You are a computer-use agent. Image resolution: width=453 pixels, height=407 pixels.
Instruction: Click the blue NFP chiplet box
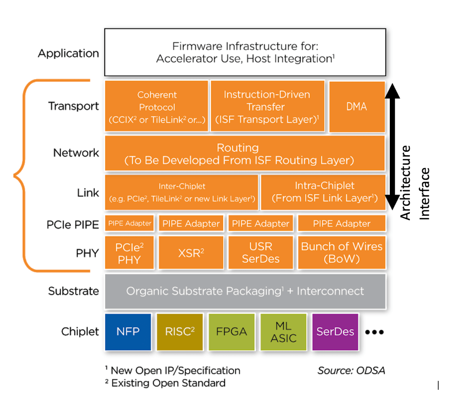(x=128, y=332)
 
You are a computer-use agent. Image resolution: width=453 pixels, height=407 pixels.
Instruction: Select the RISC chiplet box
(x=180, y=332)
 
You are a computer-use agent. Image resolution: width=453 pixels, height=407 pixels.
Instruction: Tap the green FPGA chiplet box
(x=232, y=332)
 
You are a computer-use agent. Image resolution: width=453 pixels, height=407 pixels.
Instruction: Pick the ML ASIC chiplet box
(x=283, y=332)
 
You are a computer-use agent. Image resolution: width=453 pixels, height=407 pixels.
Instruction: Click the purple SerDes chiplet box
(x=335, y=332)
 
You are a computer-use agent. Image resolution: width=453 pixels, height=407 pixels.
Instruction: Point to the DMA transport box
(x=357, y=107)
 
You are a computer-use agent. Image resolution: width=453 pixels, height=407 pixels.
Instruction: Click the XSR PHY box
(x=191, y=253)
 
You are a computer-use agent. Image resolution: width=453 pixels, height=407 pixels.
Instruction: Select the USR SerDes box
(x=260, y=253)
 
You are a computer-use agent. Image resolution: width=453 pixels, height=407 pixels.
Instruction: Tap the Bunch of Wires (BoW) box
(x=342, y=253)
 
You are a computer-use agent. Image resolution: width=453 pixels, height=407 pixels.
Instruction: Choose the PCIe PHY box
(x=129, y=253)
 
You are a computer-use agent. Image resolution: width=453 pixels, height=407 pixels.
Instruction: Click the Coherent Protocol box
(x=157, y=107)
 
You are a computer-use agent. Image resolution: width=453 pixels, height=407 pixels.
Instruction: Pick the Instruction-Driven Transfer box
(x=267, y=107)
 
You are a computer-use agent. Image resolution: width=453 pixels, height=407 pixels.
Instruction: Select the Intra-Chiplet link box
(x=324, y=192)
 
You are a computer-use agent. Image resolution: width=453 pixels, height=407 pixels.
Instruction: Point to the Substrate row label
(x=73, y=291)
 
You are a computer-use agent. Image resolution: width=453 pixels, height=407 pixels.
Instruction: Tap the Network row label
(x=76, y=153)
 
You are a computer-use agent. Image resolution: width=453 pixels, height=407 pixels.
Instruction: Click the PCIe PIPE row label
(x=73, y=224)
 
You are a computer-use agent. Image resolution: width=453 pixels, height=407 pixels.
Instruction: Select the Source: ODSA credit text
(x=351, y=371)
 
